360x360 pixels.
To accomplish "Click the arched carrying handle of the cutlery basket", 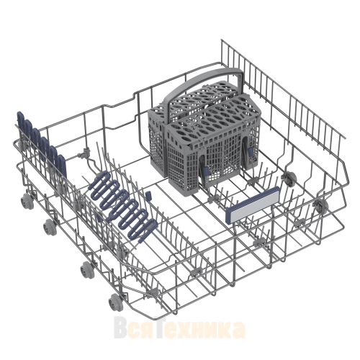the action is pyautogui.click(x=204, y=81).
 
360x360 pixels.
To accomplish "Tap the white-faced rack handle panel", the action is pyautogui.click(x=253, y=204).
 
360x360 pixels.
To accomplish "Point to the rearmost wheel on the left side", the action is pyautogui.click(x=27, y=201).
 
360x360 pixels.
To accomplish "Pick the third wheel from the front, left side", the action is pyautogui.click(x=50, y=227).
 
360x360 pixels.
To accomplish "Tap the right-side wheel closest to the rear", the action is pyautogui.click(x=290, y=178).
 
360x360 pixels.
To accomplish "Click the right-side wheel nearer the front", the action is pyautogui.click(x=321, y=204).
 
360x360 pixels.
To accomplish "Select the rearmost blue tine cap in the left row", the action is pyautogui.click(x=20, y=121).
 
